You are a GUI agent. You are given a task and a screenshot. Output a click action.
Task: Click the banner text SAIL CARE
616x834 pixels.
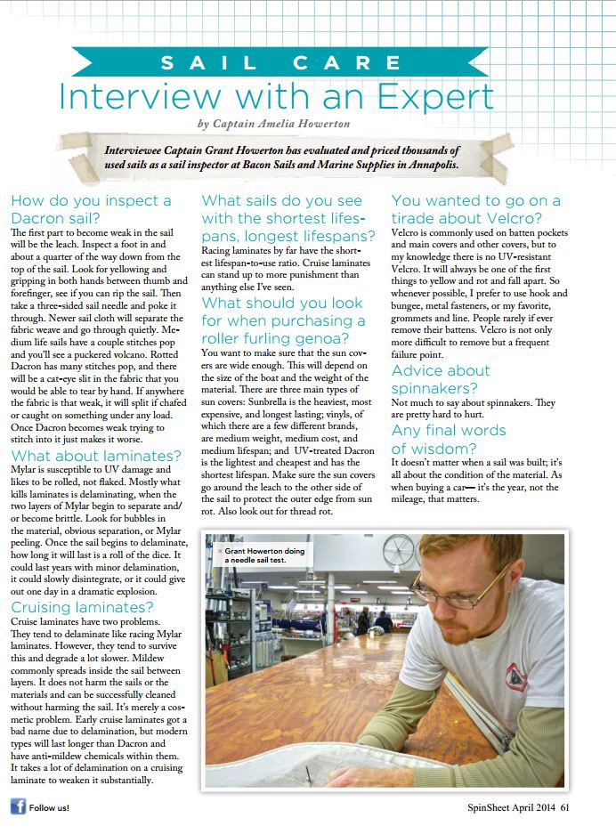click(307, 63)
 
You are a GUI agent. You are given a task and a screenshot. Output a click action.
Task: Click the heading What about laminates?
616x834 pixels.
click(95, 456)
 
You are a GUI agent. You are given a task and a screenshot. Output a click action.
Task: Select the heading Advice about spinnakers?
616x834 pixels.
click(441, 379)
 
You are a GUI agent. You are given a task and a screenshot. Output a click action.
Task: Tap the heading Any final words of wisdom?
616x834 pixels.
click(449, 438)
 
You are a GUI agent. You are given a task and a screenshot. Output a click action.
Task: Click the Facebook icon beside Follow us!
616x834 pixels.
click(17, 807)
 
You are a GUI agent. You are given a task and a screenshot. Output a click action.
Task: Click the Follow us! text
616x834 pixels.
click(49, 808)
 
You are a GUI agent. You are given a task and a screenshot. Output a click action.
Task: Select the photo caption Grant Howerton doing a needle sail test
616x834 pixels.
click(263, 555)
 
